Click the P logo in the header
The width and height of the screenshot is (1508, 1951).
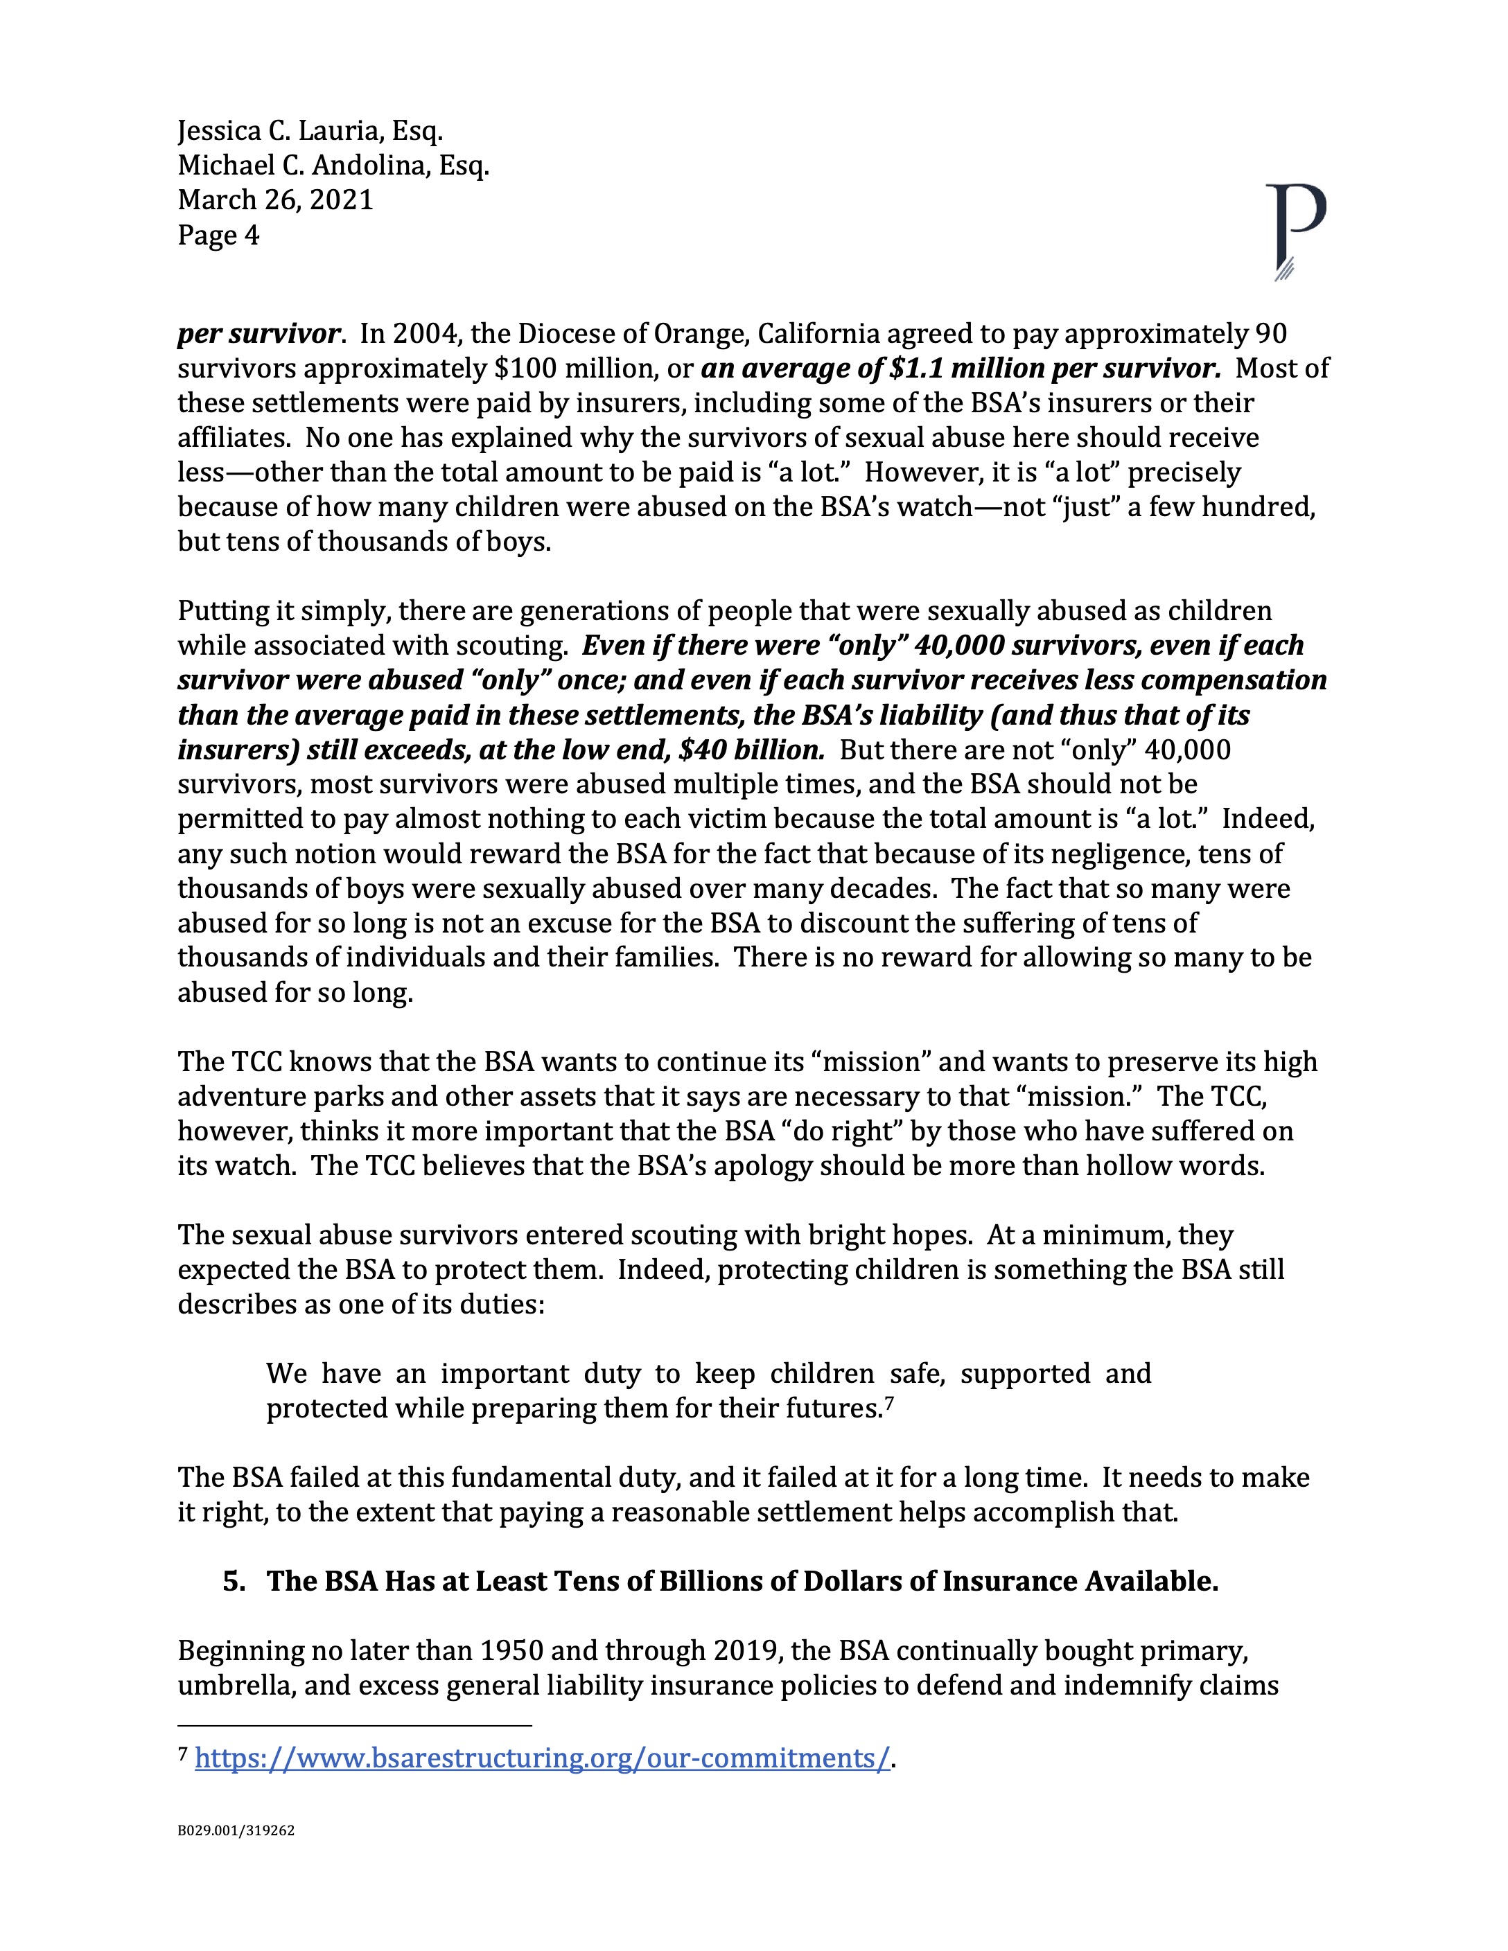pyautogui.click(x=1295, y=231)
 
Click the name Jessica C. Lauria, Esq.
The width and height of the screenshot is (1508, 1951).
pyautogui.click(x=310, y=132)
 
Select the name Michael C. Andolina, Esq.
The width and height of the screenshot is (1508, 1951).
pyautogui.click(x=333, y=166)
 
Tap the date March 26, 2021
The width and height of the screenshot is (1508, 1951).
pyautogui.click(x=275, y=200)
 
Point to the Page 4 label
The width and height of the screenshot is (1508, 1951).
pyautogui.click(x=218, y=235)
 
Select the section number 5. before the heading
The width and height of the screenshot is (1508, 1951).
pyautogui.click(x=234, y=1581)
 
